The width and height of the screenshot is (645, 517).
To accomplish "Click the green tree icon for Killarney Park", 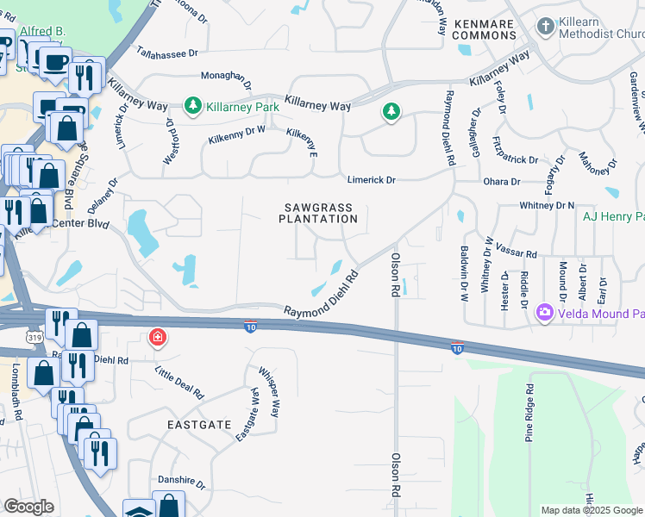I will tap(193, 106).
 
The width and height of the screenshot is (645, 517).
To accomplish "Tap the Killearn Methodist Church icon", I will tap(545, 27).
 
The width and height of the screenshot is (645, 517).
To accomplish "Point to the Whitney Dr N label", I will tap(547, 205).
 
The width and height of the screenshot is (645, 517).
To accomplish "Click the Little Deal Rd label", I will tap(179, 382).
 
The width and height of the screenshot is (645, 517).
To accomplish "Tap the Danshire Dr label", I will tap(181, 483).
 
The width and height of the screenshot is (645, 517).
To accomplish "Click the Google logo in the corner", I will tap(28, 507).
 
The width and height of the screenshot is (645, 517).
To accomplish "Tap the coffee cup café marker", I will tap(55, 62).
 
